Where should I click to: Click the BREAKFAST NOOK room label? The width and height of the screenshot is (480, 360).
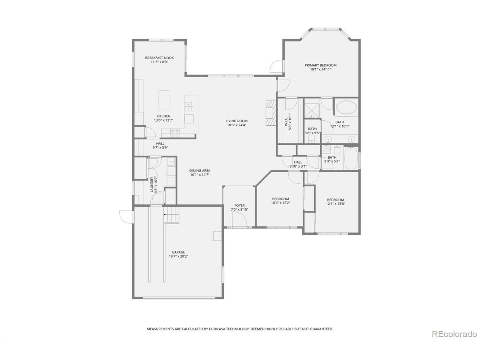(159, 58)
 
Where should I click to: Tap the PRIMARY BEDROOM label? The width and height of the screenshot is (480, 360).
(320, 65)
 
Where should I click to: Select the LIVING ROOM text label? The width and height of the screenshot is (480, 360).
(236, 121)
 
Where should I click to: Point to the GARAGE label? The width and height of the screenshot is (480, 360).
(178, 252)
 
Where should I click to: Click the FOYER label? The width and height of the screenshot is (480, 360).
(239, 205)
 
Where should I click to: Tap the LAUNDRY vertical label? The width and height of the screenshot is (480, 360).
(152, 184)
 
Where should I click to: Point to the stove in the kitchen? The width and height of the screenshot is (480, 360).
(175, 131)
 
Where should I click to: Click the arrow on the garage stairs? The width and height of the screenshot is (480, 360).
(165, 214)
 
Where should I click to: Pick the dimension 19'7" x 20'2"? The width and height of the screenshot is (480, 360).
(178, 257)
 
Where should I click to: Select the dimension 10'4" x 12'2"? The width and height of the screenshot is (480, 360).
(280, 203)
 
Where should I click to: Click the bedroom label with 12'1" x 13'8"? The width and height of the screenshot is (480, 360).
(335, 200)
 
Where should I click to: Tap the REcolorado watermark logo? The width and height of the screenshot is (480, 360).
(454, 333)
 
